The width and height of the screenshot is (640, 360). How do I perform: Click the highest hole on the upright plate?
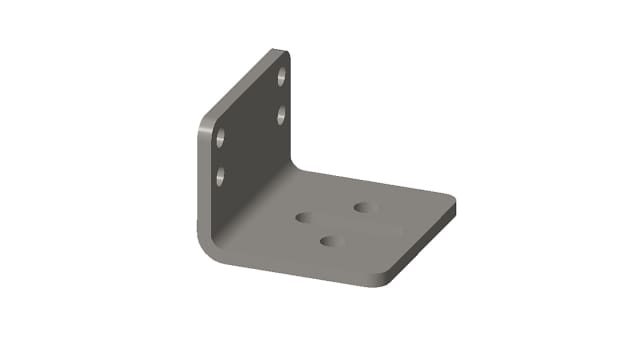click(x=283, y=76)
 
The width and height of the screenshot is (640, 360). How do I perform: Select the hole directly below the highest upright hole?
click(x=282, y=115)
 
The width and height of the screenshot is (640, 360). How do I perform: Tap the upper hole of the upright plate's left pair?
click(x=220, y=137)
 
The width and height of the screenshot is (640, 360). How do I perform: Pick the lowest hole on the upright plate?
click(x=220, y=177)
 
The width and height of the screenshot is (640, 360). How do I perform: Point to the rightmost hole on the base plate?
click(x=363, y=207)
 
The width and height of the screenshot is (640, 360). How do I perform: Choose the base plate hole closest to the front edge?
click(x=330, y=240)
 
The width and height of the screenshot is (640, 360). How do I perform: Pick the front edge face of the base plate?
click(x=300, y=272)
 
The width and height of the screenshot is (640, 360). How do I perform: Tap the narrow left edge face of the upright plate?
click(x=199, y=180)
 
